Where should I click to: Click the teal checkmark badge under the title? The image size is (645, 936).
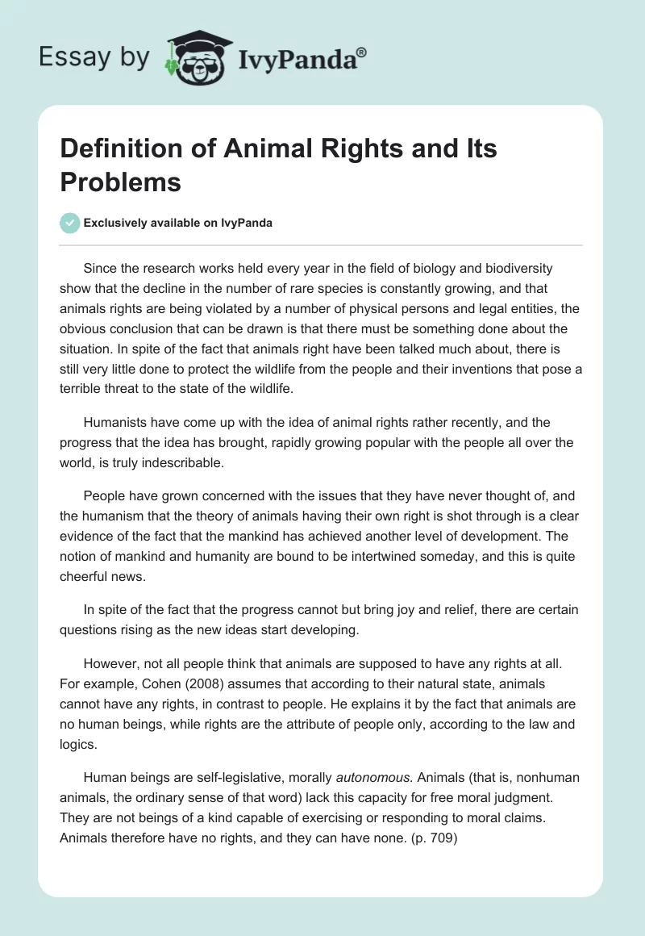[x=70, y=223]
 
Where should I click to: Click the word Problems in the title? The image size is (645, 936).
[x=120, y=182]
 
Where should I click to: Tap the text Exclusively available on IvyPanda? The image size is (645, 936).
[x=178, y=223]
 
